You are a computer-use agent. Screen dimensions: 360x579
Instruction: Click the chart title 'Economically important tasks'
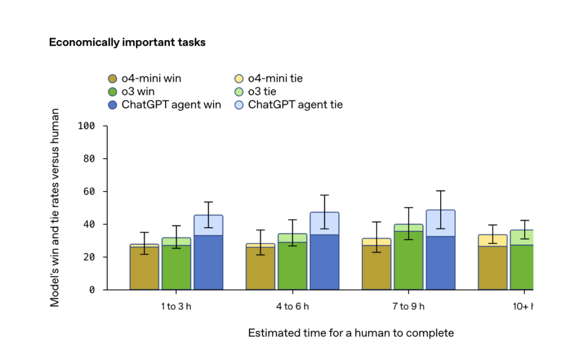tap(127, 42)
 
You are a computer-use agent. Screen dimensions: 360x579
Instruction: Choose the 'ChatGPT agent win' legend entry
tap(165, 105)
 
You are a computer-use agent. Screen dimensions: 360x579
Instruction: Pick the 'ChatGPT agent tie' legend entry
tap(288, 105)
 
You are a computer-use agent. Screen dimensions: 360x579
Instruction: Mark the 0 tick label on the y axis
tap(92, 290)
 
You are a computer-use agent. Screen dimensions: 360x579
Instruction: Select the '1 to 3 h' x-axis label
tap(177, 306)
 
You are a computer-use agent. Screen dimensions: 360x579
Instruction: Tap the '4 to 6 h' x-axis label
tap(292, 306)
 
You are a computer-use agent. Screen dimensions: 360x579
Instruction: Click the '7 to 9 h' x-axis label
tap(408, 306)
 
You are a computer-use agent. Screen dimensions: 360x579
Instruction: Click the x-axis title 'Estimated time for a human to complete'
tap(351, 333)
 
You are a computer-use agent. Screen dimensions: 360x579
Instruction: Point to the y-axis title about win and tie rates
tap(55, 207)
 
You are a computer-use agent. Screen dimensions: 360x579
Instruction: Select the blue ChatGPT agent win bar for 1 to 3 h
tap(208, 262)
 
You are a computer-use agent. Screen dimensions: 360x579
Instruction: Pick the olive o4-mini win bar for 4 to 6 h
tap(260, 268)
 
